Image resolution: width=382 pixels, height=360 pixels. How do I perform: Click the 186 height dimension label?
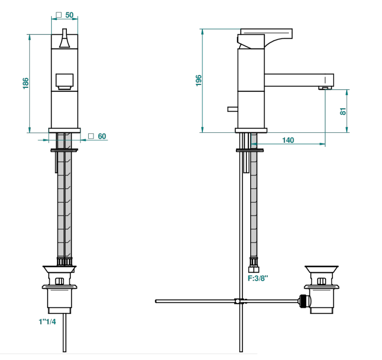[x=26, y=83]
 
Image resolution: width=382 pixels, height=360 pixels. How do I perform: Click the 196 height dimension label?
[x=199, y=80]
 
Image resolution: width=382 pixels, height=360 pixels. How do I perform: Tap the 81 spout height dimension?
[x=343, y=111]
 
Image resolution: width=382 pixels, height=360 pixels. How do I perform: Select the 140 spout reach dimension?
[x=288, y=140]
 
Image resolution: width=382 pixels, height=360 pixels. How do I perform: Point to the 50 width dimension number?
[x=69, y=15]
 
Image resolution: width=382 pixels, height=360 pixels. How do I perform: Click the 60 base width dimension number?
[x=102, y=136]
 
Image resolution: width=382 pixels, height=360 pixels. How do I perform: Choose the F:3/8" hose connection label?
[x=258, y=278]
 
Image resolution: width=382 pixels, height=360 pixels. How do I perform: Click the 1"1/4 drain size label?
[x=47, y=321]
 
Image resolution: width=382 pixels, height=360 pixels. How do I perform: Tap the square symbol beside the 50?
[x=59, y=15]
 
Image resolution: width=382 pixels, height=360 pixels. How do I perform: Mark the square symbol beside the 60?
[x=91, y=136]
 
